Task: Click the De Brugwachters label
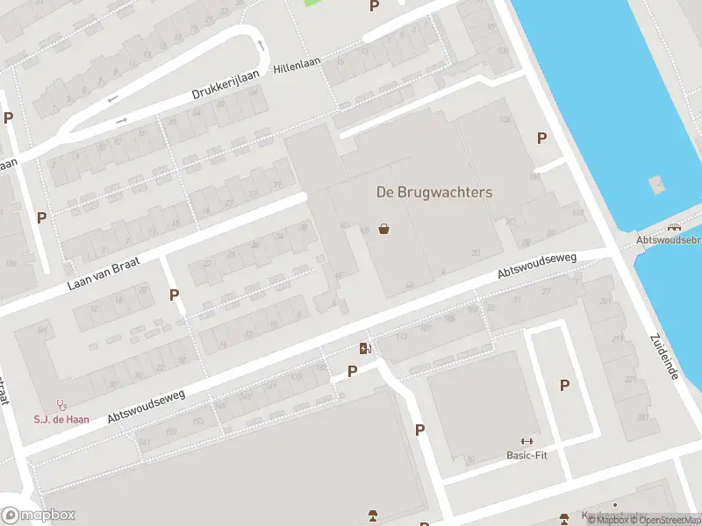(x=434, y=192)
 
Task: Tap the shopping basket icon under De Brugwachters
(x=383, y=229)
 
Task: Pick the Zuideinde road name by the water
(x=664, y=356)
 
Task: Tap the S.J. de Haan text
(x=61, y=420)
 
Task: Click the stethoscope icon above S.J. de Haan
(x=61, y=405)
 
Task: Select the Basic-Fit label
(x=526, y=456)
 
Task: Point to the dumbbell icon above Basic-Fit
(x=526, y=442)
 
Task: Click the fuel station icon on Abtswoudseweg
(x=365, y=349)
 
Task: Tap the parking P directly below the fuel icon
(x=353, y=371)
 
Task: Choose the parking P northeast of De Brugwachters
(x=541, y=138)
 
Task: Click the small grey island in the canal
(x=655, y=184)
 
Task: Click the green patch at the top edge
(x=312, y=3)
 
